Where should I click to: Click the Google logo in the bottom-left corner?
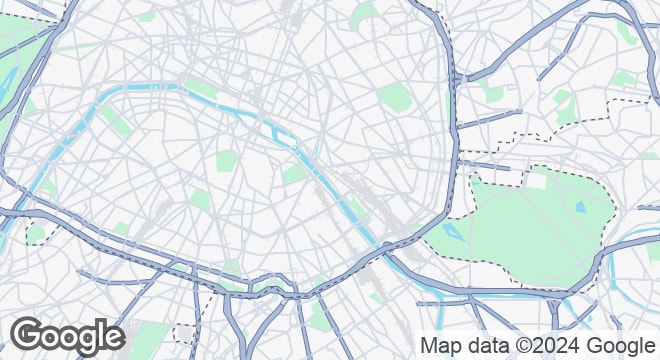coord(67,335)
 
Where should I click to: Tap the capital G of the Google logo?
coord(29,333)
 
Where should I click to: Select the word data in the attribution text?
coord(485,346)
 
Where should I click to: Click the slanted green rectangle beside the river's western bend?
coord(115,120)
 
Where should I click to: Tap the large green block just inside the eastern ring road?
coord(395,97)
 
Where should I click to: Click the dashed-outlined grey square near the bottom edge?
coord(182,332)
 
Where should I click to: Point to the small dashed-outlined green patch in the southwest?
coord(37,233)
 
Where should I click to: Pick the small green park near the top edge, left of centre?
coord(147,16)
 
